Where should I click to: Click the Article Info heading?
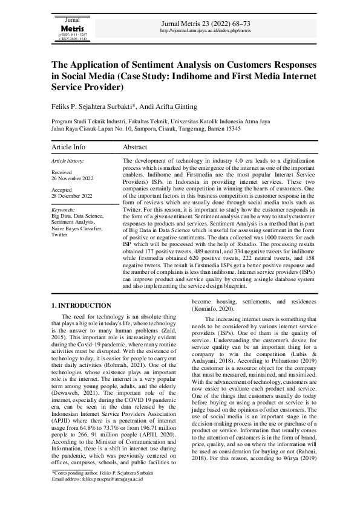[x=68, y=147]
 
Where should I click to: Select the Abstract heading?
[x=135, y=147]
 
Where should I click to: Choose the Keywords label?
[x=64, y=209]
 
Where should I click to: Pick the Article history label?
[x=68, y=161]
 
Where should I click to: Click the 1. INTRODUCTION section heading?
[x=81, y=306]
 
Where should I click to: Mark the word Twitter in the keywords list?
[x=60, y=235]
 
